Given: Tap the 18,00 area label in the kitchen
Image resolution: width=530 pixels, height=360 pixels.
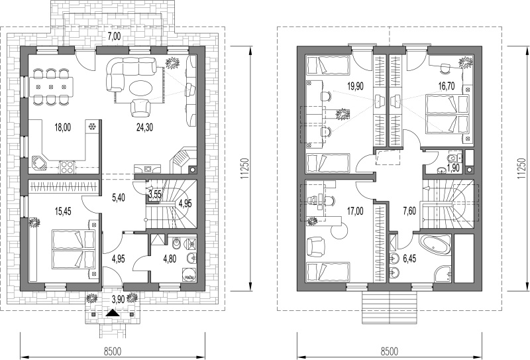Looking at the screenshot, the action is pos(62,127).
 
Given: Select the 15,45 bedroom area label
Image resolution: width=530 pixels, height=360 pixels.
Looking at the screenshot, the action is pos(62,211).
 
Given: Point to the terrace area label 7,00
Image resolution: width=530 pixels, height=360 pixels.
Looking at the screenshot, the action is pos(114,36).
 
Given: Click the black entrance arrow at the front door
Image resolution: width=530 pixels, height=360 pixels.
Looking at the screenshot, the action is pos(113,313).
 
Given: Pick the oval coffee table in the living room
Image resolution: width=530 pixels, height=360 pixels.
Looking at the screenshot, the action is pos(141,88).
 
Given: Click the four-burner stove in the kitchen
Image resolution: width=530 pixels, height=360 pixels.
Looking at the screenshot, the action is pos(67,168).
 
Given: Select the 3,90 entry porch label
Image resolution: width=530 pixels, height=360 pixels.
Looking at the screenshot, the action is pos(118,298).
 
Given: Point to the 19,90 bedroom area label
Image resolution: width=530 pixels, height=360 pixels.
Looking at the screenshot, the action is pos(355,87).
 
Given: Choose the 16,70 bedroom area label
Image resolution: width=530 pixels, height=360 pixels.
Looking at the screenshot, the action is pos(446,87).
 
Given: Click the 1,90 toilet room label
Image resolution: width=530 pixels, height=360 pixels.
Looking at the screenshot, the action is pos(453,168).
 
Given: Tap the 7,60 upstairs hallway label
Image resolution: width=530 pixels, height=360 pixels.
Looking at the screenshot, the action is pos(409,211).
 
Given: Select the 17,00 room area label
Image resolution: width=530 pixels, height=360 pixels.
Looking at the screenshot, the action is pos(355,211).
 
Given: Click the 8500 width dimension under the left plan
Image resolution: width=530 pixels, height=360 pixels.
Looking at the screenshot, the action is pos(113,351).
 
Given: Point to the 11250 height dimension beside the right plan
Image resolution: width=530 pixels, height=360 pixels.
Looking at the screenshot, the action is pos(520,168).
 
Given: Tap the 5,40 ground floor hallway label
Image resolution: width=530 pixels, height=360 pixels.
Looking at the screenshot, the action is pos(118,198).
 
